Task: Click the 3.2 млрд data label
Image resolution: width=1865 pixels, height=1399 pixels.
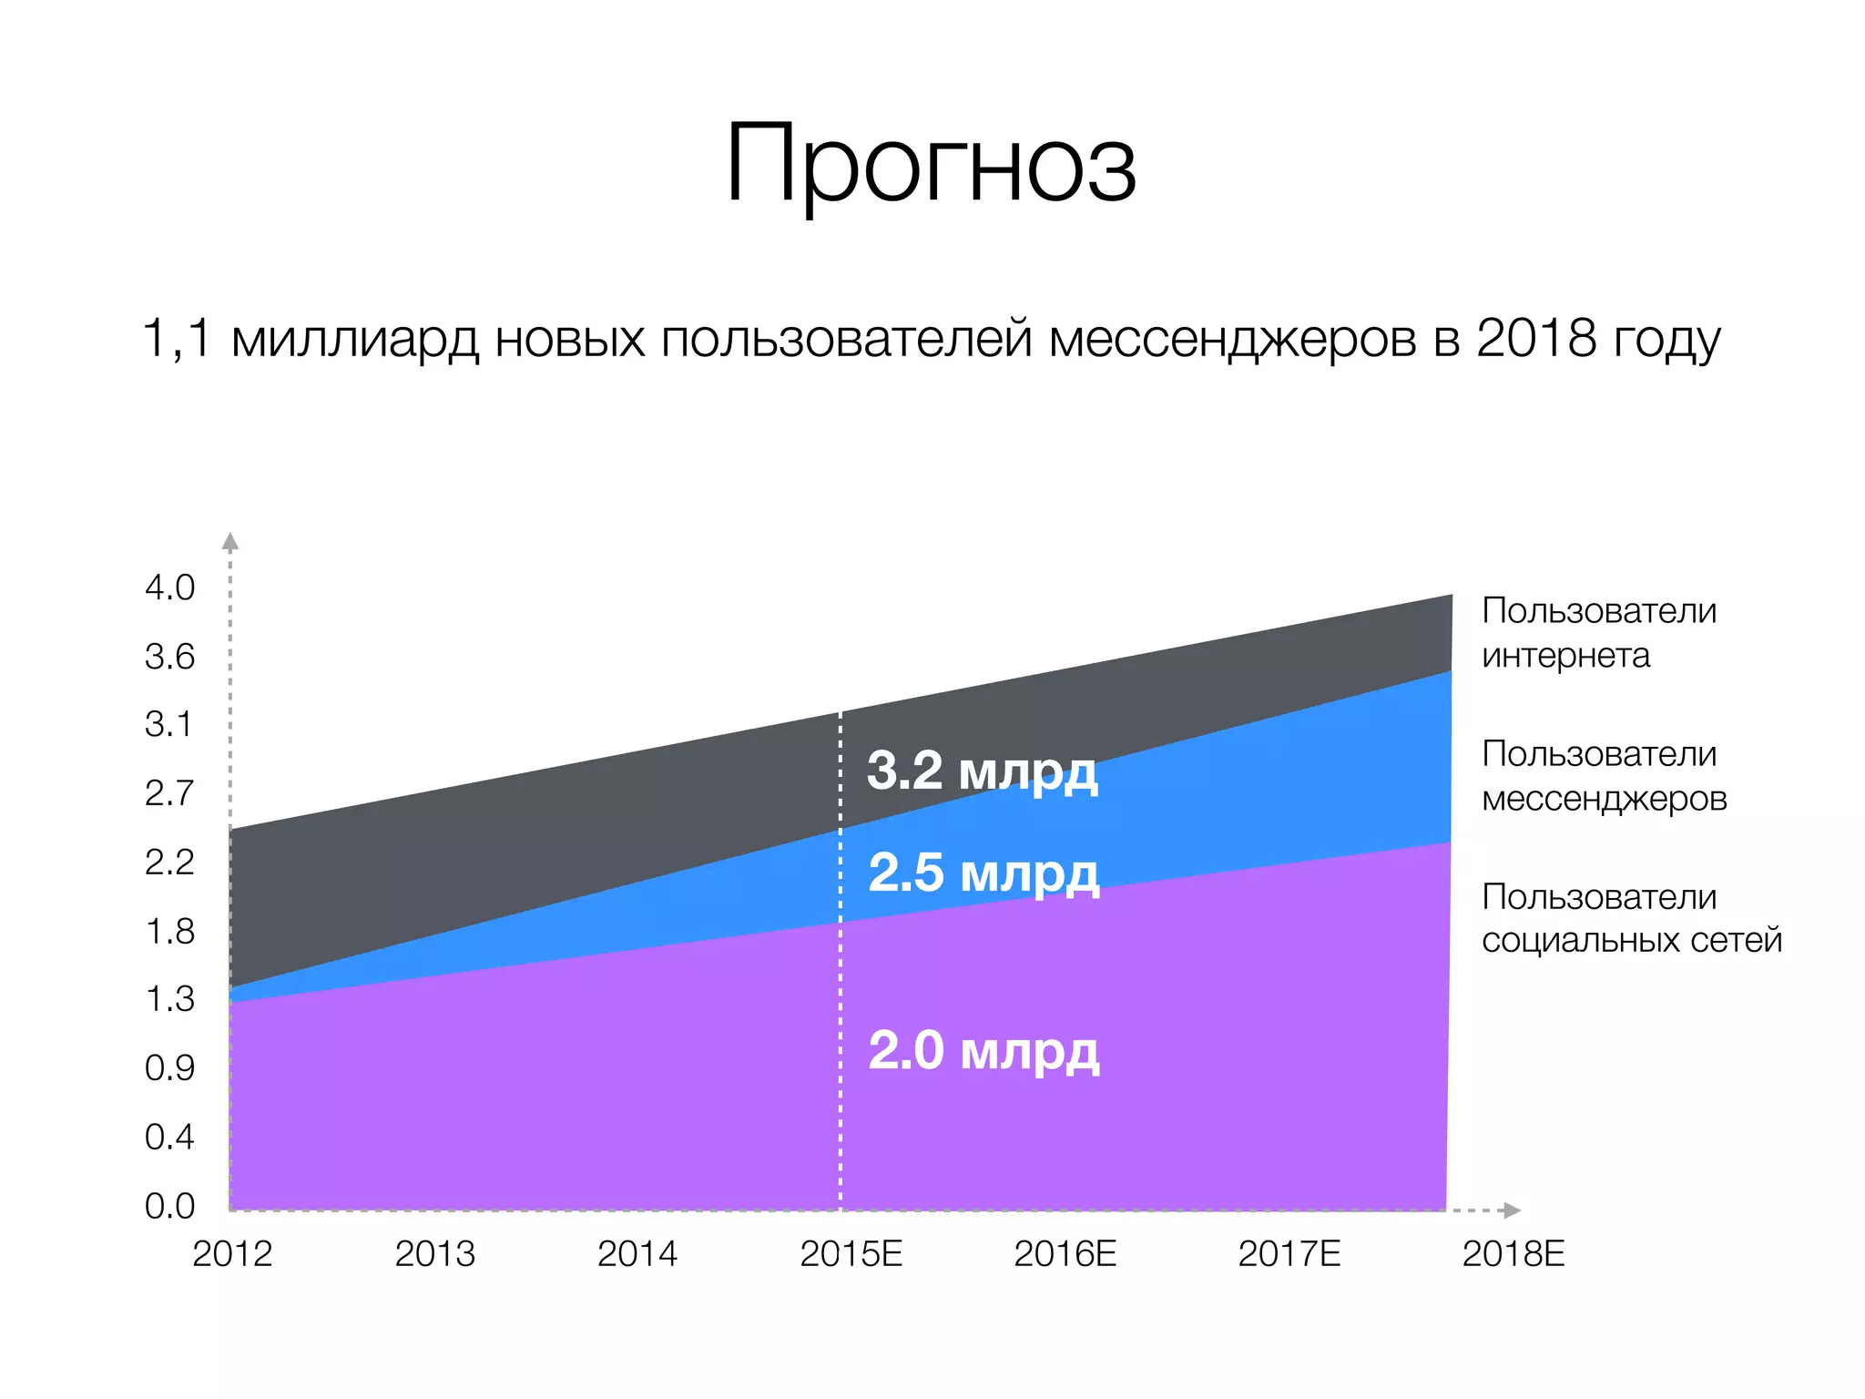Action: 982,771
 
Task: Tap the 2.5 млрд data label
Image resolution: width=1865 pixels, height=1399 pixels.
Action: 983,873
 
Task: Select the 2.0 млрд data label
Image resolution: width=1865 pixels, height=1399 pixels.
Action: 983,1050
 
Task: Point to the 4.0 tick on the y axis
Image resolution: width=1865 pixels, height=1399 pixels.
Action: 169,587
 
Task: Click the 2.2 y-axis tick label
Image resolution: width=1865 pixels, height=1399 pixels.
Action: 169,862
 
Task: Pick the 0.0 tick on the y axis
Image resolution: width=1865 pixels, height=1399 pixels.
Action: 169,1206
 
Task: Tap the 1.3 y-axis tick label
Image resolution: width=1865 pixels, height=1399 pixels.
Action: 169,999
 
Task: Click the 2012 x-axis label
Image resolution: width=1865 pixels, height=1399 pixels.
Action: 232,1254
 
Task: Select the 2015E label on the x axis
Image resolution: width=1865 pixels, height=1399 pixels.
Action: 851,1254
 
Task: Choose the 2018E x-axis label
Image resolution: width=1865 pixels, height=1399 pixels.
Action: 1513,1254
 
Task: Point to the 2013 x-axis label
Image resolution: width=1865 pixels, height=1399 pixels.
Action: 434,1254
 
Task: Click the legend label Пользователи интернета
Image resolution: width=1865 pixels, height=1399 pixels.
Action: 1598,632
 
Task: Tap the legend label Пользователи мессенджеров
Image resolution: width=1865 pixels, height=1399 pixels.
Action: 1604,775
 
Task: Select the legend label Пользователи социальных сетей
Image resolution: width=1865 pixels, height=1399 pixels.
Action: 1630,918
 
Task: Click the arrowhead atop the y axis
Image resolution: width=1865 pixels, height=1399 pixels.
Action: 230,542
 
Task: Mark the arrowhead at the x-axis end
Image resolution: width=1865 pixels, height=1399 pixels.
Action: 1512,1210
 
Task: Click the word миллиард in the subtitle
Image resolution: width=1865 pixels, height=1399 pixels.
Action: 354,339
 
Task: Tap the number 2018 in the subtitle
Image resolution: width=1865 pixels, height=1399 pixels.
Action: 1536,339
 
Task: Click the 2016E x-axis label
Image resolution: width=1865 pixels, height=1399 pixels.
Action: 1065,1254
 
